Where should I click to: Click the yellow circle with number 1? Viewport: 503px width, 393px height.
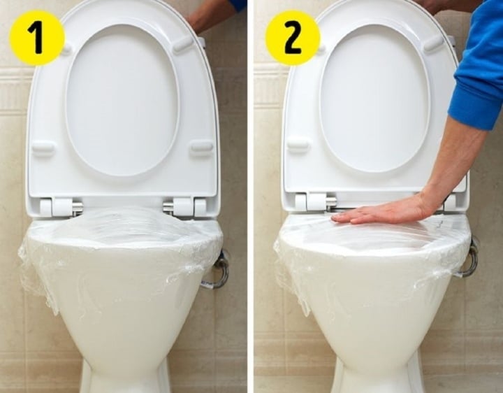37,37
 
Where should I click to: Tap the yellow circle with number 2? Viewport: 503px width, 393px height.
293,37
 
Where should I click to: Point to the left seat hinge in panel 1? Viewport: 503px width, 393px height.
61,207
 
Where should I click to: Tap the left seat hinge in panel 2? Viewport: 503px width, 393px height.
316,203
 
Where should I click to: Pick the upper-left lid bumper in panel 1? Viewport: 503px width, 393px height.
66,50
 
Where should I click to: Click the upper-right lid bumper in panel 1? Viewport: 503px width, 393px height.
183,44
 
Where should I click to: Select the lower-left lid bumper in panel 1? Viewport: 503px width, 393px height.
43,148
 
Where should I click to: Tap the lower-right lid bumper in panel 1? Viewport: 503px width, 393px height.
201,146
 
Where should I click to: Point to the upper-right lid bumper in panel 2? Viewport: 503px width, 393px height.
433,43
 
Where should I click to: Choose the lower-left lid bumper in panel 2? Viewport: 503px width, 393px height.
298,145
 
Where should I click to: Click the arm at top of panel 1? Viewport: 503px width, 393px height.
213,13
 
